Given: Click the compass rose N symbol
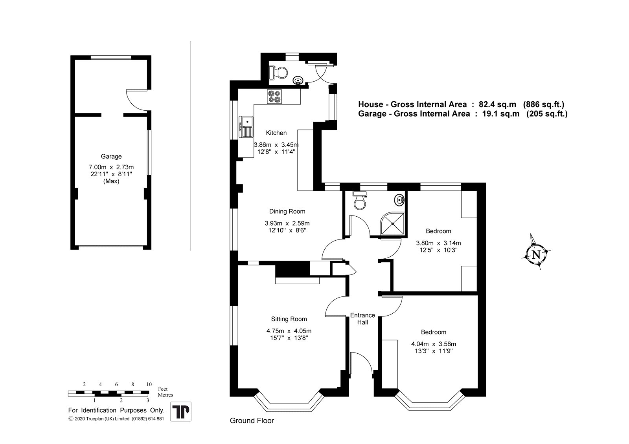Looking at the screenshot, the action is pyautogui.click(x=536, y=255).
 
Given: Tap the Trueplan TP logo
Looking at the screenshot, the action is pyautogui.click(x=181, y=411).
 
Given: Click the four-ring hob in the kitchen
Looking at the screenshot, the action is pyautogui.click(x=274, y=96).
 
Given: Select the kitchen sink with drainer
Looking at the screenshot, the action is pyautogui.click(x=246, y=127).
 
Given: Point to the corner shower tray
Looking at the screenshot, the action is pyautogui.click(x=392, y=223).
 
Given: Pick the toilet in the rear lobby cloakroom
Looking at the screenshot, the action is pyautogui.click(x=278, y=73).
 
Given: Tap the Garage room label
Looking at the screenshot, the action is pyautogui.click(x=111, y=157).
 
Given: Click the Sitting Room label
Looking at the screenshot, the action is pyautogui.click(x=289, y=319).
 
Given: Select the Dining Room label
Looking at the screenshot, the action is pyautogui.click(x=287, y=211).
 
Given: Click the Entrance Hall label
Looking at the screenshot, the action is pyautogui.click(x=362, y=319).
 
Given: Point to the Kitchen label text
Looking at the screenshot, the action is pyautogui.click(x=276, y=133).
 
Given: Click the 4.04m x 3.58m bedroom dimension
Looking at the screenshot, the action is pyautogui.click(x=434, y=344).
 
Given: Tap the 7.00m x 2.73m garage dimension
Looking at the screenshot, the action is pyautogui.click(x=111, y=167).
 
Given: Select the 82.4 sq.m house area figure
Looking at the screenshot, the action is pyautogui.click(x=497, y=104).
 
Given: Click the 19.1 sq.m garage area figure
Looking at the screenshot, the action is pyautogui.click(x=501, y=113).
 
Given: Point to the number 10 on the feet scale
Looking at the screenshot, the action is pyautogui.click(x=149, y=384).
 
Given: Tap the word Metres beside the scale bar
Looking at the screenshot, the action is pyautogui.click(x=166, y=395).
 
